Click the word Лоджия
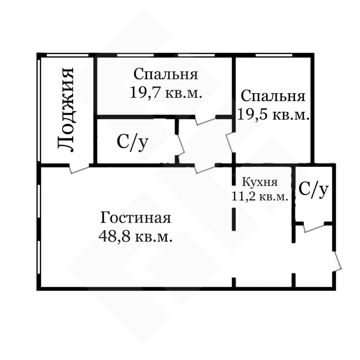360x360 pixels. [66, 110]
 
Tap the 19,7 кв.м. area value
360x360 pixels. [166, 93]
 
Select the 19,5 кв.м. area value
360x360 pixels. [273, 114]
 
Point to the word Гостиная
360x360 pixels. [136, 218]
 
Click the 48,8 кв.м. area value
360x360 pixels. [135, 236]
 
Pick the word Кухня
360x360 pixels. [260, 182]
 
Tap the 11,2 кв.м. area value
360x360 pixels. [260, 196]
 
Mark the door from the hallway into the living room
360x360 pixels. [205, 169]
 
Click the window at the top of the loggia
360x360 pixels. [68, 55]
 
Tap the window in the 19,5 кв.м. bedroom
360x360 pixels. [274, 55]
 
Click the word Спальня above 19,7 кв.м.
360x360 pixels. [166, 74]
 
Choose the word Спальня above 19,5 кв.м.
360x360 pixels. [273, 96]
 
